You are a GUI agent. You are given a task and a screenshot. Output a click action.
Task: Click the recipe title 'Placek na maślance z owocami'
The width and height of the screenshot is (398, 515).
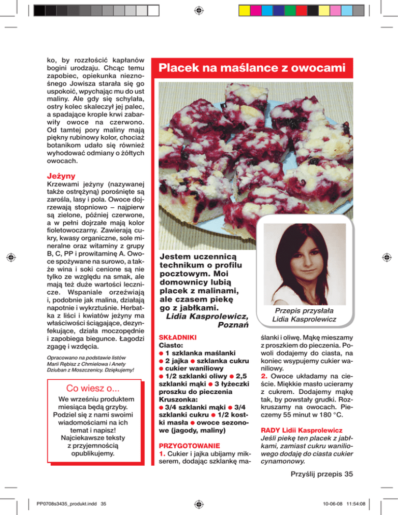252,68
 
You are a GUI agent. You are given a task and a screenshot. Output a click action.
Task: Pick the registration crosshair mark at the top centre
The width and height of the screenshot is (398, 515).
199,9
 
